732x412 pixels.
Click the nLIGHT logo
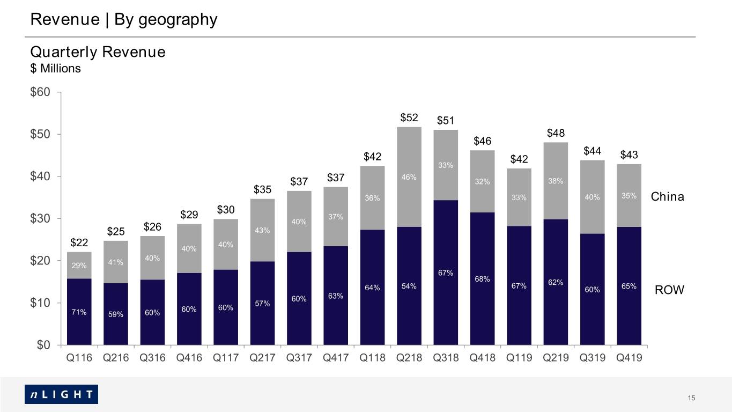pos(61,394)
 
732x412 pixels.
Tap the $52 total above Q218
pos(409,117)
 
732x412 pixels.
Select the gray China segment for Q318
pos(446,165)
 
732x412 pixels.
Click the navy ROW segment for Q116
pos(79,312)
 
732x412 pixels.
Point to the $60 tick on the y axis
pos(40,92)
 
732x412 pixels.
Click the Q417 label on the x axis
pos(336,357)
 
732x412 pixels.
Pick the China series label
pos(667,196)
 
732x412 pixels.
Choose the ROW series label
pos(669,290)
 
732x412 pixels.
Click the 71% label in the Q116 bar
pos(79,312)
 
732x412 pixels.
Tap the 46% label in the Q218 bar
pos(409,177)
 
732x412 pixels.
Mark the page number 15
pos(691,398)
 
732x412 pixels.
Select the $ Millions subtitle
pos(56,68)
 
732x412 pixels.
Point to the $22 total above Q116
pos(79,242)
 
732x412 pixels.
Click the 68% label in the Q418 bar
pos(482,279)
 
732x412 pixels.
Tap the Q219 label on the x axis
pos(556,357)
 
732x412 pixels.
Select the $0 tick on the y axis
pos(43,344)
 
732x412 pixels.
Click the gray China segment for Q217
pos(262,230)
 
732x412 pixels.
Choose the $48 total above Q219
pos(556,133)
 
